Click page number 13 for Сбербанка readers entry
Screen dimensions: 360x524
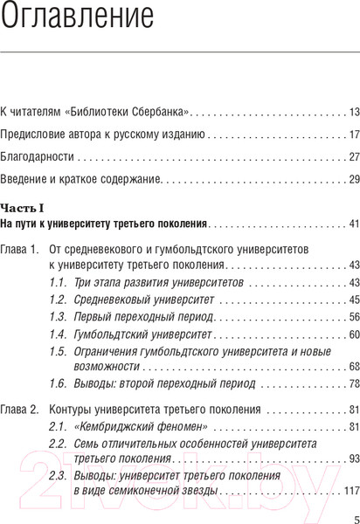(354, 112)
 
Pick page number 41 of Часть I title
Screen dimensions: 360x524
(354, 224)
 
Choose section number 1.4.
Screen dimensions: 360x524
(58, 334)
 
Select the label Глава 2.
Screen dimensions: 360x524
(19, 409)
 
